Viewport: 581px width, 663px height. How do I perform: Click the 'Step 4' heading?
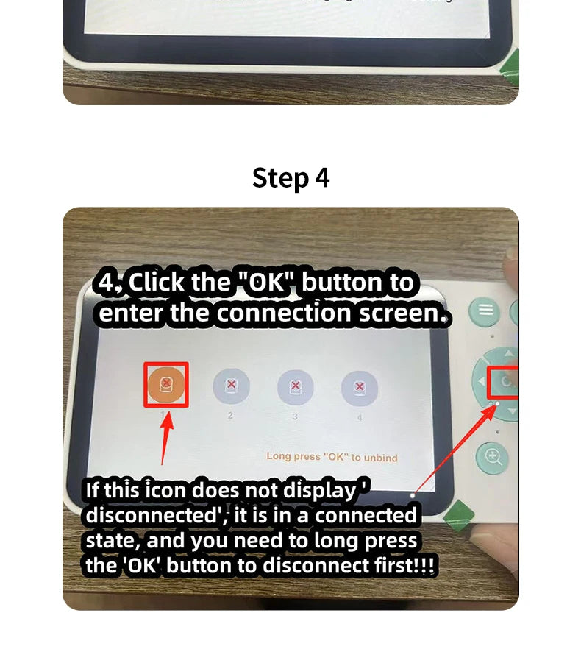tap(290, 178)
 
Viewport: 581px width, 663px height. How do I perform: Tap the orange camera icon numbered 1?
tap(166, 385)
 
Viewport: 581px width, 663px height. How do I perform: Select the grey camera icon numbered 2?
tap(230, 386)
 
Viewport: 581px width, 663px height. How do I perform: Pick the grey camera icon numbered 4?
tap(360, 387)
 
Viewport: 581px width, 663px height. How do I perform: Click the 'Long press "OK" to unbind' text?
tap(332, 457)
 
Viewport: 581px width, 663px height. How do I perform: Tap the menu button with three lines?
tap(485, 310)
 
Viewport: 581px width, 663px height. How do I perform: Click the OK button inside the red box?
tap(505, 383)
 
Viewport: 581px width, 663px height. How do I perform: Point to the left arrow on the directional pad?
tap(482, 381)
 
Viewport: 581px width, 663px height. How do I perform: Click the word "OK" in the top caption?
tap(268, 283)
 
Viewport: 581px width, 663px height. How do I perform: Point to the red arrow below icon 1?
tap(166, 438)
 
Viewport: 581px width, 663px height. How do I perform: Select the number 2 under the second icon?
tap(230, 416)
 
